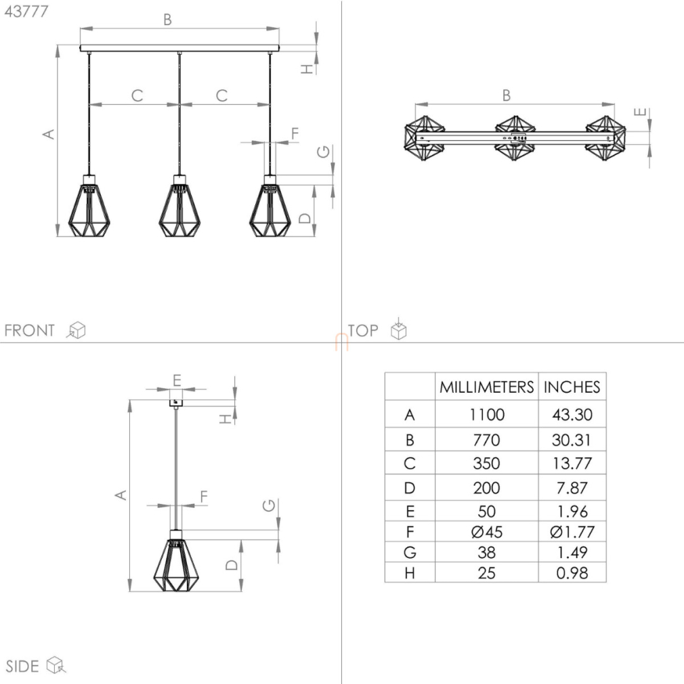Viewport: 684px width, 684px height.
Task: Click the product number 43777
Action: (x=26, y=12)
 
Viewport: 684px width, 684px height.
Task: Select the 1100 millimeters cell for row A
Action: (x=487, y=414)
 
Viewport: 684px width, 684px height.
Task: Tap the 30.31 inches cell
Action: (x=572, y=440)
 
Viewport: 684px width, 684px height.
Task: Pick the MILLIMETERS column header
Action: (x=486, y=387)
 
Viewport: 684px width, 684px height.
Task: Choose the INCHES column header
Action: (x=572, y=387)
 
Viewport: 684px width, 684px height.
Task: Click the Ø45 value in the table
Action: (x=487, y=532)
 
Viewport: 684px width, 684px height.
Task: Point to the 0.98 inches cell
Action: (x=572, y=573)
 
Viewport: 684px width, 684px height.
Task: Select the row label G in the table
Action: (x=410, y=552)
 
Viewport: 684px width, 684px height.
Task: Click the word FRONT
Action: (x=30, y=330)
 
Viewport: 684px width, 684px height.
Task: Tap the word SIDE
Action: (x=22, y=666)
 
